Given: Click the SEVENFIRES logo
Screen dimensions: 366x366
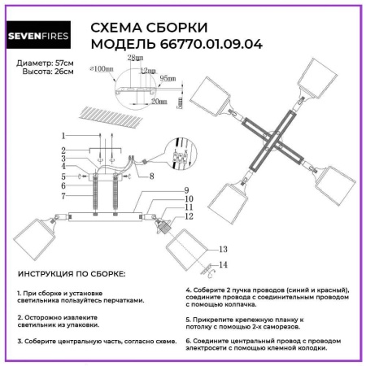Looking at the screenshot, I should (x=43, y=36).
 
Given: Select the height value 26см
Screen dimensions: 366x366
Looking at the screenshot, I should (x=63, y=72).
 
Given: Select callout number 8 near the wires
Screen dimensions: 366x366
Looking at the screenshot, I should (x=151, y=173).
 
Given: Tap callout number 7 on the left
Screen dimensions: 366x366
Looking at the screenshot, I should (x=63, y=197).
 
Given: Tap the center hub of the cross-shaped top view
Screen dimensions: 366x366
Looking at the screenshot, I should (x=279, y=136).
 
